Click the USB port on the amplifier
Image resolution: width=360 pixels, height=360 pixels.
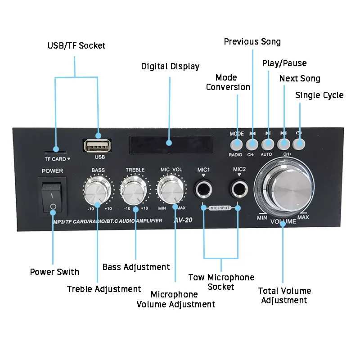[x=96, y=146]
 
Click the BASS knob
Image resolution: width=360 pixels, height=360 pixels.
[x=98, y=190]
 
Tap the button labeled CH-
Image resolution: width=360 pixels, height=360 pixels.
[x=252, y=144]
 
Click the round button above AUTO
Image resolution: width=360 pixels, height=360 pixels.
[x=268, y=144]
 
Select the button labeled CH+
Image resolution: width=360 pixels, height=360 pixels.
[x=283, y=144]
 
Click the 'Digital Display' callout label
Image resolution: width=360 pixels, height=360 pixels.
[x=170, y=67]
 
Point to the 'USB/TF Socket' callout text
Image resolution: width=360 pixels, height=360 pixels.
[x=76, y=45]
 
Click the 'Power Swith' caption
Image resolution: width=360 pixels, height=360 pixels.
[x=54, y=272]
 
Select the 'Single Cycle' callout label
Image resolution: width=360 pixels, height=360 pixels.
[x=319, y=95]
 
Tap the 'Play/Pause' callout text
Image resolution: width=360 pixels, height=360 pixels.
[x=284, y=63]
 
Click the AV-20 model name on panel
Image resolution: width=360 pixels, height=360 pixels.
[x=183, y=221]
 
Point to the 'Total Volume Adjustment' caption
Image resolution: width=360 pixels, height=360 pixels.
[x=284, y=296]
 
